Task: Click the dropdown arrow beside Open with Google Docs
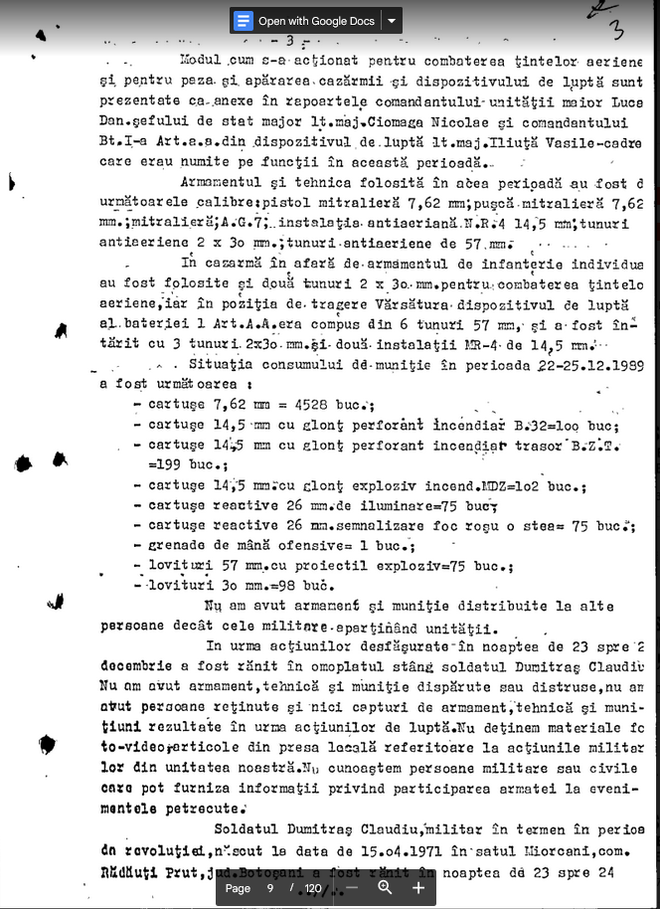pyautogui.click(x=393, y=21)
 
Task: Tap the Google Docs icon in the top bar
pyautogui.click(x=244, y=21)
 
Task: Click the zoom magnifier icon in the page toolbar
pyautogui.click(x=386, y=887)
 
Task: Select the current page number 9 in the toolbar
pyautogui.click(x=270, y=888)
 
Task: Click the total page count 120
pyautogui.click(x=313, y=888)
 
